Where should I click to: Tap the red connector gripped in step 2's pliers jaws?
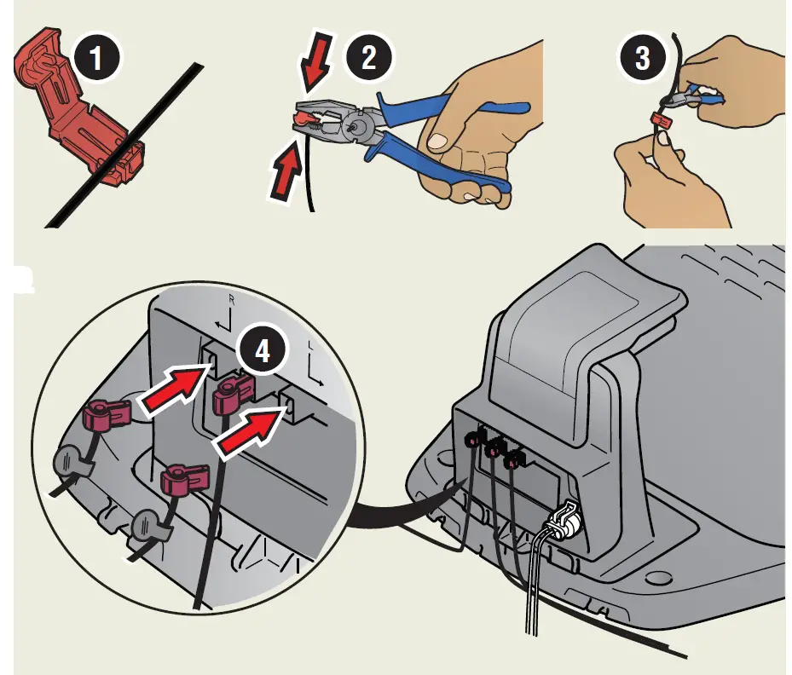(307, 113)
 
